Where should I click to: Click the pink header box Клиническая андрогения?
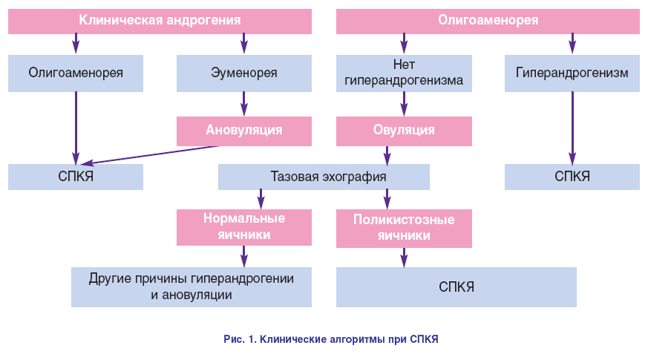point(160,20)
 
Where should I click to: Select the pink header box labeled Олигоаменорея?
point(488,20)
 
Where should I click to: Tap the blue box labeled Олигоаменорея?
point(76,73)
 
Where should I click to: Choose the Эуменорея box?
point(243,73)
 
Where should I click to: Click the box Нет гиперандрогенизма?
point(404,73)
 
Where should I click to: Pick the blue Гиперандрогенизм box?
point(572,73)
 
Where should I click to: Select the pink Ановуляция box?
point(243,131)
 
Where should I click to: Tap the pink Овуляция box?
point(404,131)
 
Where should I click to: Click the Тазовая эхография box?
point(324,177)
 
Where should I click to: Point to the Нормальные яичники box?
point(243,226)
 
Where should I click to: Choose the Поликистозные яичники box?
point(404,228)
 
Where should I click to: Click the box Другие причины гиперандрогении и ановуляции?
point(192,287)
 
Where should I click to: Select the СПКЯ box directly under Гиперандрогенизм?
point(572,177)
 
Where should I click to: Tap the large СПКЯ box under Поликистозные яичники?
point(456,287)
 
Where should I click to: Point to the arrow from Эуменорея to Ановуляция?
point(243,103)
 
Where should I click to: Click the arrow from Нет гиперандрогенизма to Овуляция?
point(404,103)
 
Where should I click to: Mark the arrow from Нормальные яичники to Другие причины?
point(243,255)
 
